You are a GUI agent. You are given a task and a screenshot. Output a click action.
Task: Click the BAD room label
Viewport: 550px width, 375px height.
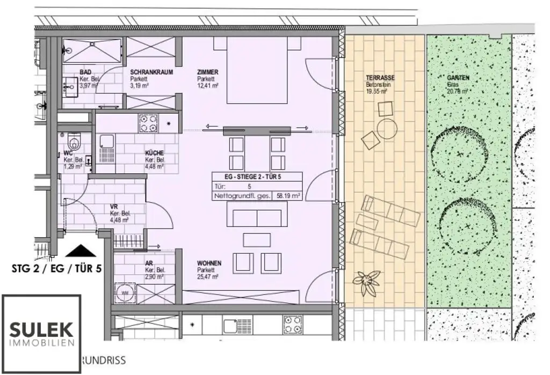coord(84,72)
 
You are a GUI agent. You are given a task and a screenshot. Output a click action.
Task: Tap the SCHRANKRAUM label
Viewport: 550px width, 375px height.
coord(151,72)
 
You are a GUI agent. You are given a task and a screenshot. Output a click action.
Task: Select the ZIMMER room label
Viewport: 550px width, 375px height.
coord(207,72)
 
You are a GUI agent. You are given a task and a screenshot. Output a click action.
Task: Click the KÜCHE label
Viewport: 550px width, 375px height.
coord(154,153)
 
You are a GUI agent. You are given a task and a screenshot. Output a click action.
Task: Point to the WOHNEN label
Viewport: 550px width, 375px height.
coord(208,263)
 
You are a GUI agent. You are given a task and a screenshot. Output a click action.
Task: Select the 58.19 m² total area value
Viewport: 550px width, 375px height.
coord(287,196)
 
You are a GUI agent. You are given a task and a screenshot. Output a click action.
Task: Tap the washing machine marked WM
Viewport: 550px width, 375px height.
coord(125,293)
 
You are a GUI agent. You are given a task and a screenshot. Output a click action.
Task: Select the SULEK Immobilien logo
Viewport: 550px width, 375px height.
coord(41,333)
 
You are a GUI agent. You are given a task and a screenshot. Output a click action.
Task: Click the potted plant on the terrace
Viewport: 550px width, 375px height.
coord(366,282)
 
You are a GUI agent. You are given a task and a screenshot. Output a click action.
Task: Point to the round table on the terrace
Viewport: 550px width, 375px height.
coord(387,129)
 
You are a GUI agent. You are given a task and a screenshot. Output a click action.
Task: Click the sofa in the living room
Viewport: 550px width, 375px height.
coord(257,217)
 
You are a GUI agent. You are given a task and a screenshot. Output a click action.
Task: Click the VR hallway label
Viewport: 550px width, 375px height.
coord(114,206)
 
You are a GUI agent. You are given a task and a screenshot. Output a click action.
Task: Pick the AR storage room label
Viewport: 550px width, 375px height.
coord(149,263)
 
